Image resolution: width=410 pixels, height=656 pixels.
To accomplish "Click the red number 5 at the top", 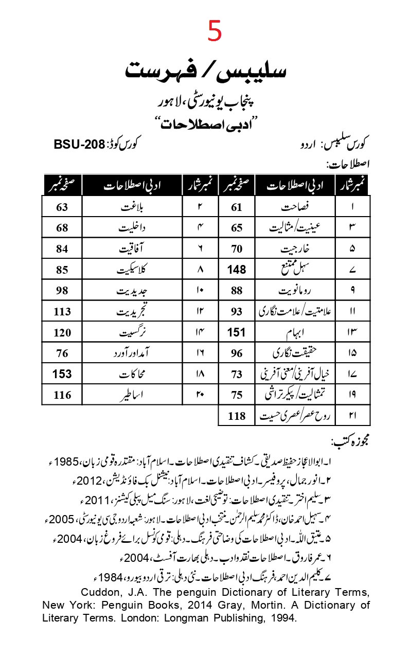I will (x=215, y=31).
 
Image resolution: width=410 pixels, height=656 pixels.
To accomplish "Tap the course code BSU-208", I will (x=79, y=144).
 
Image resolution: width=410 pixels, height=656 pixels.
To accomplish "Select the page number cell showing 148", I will (x=237, y=269).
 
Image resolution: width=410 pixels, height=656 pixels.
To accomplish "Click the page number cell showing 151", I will (x=237, y=332).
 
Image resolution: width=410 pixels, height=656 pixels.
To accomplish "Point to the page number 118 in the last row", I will (x=237, y=416).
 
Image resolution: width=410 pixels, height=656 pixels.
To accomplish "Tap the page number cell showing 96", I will (x=237, y=353).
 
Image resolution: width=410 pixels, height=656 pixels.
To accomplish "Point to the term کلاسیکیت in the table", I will (x=133, y=270).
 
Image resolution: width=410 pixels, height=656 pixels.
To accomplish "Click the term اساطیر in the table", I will (x=133, y=395).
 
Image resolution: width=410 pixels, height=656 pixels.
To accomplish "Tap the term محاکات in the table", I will (x=133, y=374).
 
